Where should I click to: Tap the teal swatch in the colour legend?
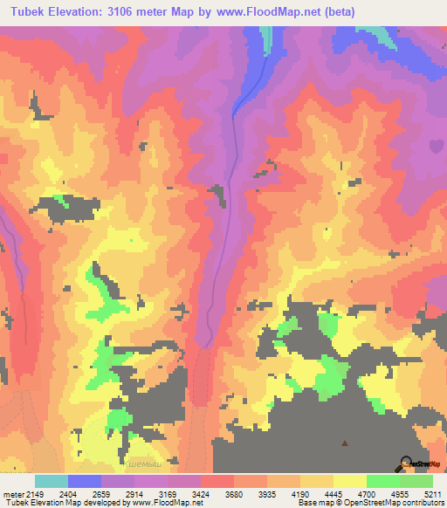click(x=52, y=481)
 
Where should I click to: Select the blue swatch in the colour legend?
click(x=85, y=481)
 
